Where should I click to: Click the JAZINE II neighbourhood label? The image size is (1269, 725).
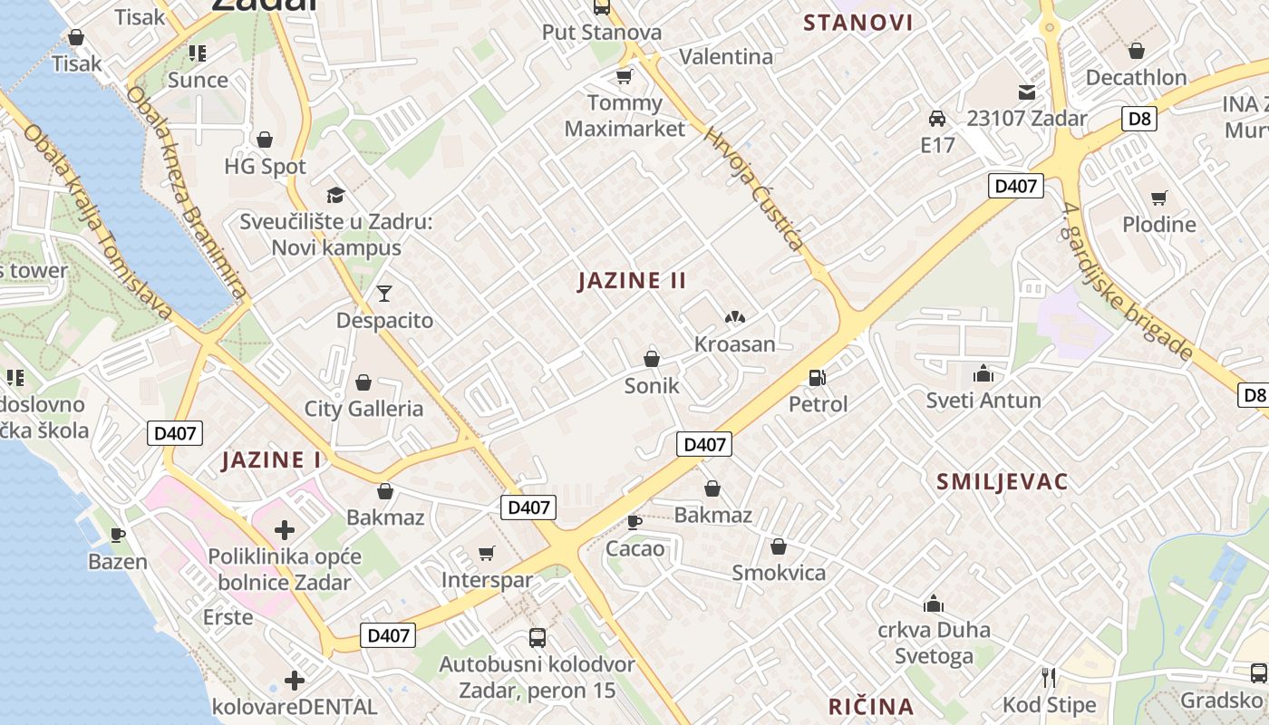tap(632, 281)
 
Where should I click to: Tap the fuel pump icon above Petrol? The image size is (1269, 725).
tap(818, 377)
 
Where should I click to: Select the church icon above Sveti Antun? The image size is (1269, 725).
tap(983, 373)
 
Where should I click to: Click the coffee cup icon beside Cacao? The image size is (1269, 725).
tap(634, 522)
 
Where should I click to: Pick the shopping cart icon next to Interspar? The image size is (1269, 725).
tap(487, 553)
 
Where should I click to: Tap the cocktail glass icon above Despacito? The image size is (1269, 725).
tap(384, 293)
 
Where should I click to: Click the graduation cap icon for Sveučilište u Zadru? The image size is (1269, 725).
tap(336, 195)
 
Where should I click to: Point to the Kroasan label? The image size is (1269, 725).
tap(735, 344)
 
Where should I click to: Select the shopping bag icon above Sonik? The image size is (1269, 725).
tap(651, 359)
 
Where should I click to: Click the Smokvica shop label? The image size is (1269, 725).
tap(779, 573)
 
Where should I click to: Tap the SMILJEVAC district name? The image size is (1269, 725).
tap(1003, 481)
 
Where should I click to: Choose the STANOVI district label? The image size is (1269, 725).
tap(858, 23)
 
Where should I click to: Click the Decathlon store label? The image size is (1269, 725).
tap(1136, 78)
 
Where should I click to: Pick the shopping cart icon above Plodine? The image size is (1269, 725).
tap(1158, 198)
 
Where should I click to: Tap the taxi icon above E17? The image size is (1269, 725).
tap(937, 119)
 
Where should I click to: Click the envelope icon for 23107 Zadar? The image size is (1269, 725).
tap(1026, 92)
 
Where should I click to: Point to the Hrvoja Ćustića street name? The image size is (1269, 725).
tap(754, 188)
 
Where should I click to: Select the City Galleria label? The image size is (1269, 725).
tap(363, 409)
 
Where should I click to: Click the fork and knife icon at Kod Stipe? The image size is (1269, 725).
tap(1049, 677)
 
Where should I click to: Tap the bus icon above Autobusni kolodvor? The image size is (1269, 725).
tap(537, 637)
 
